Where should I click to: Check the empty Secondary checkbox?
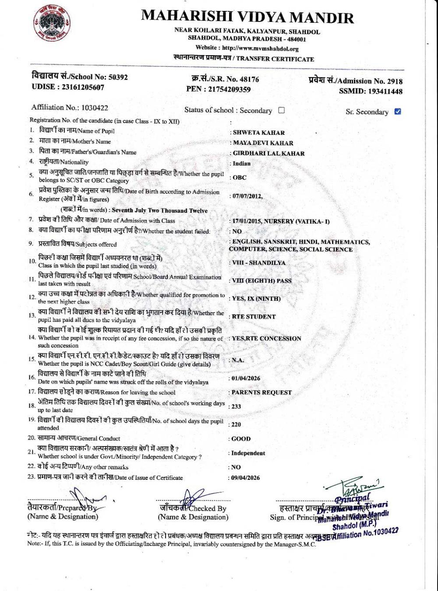pyautogui.click(x=281, y=110)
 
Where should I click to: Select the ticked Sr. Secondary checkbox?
pyautogui.click(x=397, y=111)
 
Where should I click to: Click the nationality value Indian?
pyautogui.click(x=242, y=164)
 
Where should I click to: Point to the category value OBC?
pyautogui.click(x=240, y=178)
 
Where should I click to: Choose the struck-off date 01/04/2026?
pyautogui.click(x=246, y=378)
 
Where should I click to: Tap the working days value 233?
pyautogui.click(x=237, y=407)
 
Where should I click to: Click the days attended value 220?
pyautogui.click(x=237, y=425)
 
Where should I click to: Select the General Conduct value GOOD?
pyautogui.click(x=241, y=439)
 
